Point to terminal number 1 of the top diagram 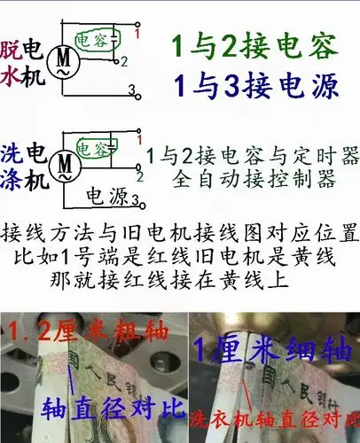pos(138,34)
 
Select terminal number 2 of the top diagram pos(125,62)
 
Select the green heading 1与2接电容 pos(251,43)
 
